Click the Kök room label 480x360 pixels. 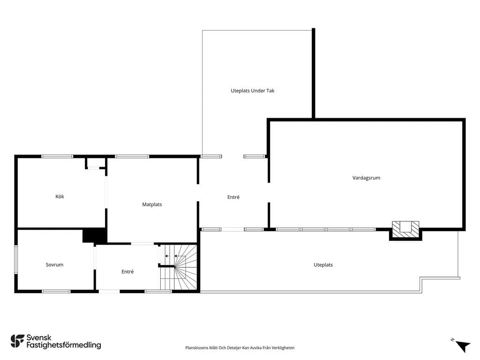tap(60, 196)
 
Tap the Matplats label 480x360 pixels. tap(152, 204)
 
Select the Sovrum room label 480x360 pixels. tap(54, 265)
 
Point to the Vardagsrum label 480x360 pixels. tap(366, 178)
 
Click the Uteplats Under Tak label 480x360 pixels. tap(253, 90)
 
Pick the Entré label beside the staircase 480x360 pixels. tap(127, 271)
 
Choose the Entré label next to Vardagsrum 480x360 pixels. tap(233, 197)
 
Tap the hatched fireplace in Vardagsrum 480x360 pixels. tap(405, 230)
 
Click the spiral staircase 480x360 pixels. tap(179, 267)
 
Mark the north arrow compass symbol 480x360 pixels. tap(462, 346)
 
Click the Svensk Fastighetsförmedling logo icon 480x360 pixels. tap(17, 341)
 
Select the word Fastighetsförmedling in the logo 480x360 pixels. tap(64, 345)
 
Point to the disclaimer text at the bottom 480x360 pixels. tap(240, 348)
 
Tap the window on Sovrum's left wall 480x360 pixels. tap(16, 259)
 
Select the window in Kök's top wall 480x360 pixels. tap(57, 157)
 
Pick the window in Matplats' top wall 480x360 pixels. tap(132, 157)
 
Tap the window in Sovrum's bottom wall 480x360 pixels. tap(56, 292)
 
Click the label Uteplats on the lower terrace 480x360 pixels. tap(323, 265)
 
